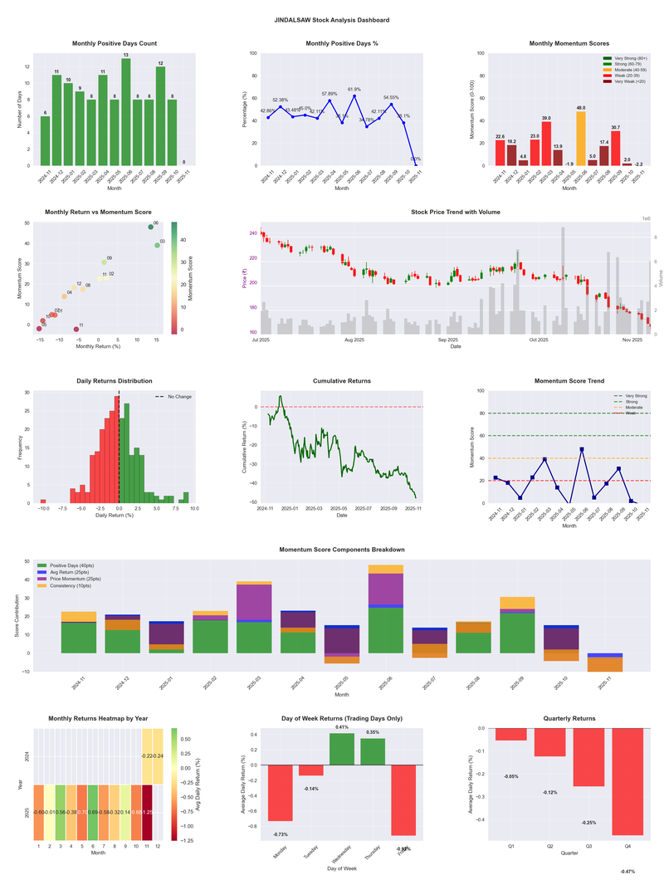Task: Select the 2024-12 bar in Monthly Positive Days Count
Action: [56, 121]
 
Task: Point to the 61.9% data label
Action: [354, 90]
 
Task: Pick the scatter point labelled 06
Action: [151, 227]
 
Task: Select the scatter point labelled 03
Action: [157, 245]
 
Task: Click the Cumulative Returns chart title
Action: [342, 381]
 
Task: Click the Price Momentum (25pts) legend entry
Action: [77, 579]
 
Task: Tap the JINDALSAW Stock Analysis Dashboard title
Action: [332, 20]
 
